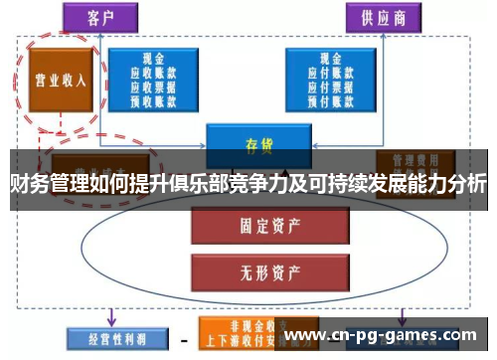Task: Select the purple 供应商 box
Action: point(383,17)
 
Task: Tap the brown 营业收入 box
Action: point(57,80)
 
